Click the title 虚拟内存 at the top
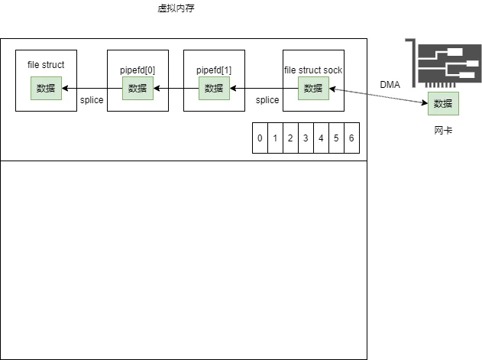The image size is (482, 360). (176, 8)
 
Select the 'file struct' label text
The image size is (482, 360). (46, 65)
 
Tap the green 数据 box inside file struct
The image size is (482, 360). (46, 89)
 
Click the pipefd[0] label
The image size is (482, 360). (137, 70)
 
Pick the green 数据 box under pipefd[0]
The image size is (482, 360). (137, 89)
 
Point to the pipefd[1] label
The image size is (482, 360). (214, 70)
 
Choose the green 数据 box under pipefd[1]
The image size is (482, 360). (214, 89)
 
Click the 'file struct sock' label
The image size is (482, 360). (313, 70)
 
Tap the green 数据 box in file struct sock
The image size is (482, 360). (313, 89)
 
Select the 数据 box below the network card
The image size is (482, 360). (443, 104)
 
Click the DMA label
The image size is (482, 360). (390, 85)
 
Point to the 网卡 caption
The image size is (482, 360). (443, 131)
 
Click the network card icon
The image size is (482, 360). (443, 63)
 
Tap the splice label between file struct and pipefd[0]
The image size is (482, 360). (92, 100)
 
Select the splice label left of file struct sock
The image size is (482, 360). (267, 100)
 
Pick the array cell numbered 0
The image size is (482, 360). (260, 138)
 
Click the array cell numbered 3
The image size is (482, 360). (306, 138)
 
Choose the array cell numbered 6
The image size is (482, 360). (351, 138)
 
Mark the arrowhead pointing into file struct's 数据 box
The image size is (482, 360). (65, 89)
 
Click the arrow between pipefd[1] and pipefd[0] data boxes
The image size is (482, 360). (176, 89)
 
